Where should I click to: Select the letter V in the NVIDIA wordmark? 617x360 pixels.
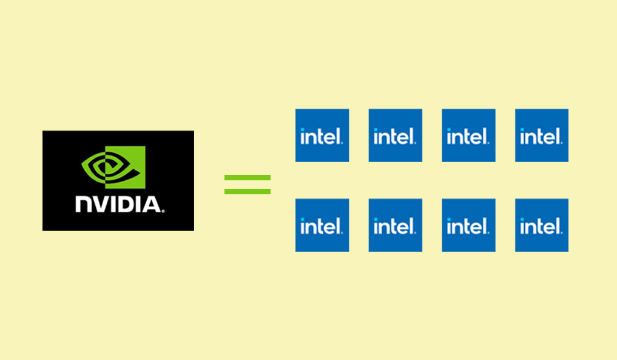[99, 203]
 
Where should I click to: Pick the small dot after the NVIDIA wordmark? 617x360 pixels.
[163, 210]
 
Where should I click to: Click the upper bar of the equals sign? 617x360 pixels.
[248, 178]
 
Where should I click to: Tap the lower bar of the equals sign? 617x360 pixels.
[248, 191]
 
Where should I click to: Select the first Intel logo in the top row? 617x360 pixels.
[322, 135]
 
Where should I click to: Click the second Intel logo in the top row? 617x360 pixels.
[396, 135]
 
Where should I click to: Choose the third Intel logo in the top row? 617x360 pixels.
[468, 135]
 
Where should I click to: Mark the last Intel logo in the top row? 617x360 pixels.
[542, 135]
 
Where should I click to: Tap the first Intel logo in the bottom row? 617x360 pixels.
[322, 225]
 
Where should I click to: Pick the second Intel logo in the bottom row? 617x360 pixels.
[396, 225]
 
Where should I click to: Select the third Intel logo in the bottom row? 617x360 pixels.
[468, 225]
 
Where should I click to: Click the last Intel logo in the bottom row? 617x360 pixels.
[542, 225]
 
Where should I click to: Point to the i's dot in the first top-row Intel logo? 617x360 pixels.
[303, 129]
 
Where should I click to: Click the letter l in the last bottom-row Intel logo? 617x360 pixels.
[556, 225]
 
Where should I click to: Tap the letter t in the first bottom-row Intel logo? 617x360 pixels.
[321, 226]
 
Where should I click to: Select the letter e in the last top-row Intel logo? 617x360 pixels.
[548, 138]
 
